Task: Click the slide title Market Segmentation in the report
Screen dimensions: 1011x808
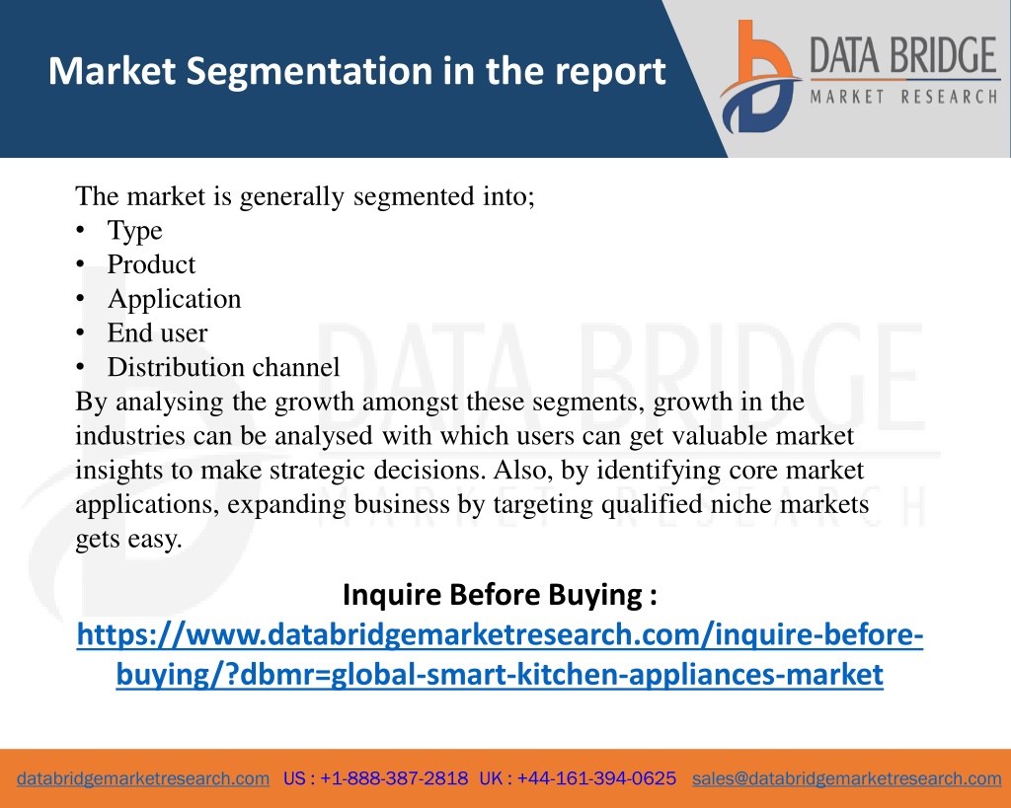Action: (356, 71)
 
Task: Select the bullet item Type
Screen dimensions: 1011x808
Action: (134, 231)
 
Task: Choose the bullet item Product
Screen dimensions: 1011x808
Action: (151, 264)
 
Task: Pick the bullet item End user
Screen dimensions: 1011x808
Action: (157, 333)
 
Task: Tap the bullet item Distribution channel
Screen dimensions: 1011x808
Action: (223, 367)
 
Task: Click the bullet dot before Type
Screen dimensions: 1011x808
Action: (80, 230)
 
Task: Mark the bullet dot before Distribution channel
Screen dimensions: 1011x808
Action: (80, 367)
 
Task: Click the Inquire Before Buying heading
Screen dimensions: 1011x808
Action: (500, 595)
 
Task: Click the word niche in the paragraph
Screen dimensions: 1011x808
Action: (740, 504)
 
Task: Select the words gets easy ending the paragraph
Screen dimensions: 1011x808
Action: (129, 540)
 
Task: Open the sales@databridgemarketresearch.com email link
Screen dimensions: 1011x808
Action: (846, 779)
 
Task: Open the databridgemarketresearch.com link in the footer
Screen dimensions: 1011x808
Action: (143, 779)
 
